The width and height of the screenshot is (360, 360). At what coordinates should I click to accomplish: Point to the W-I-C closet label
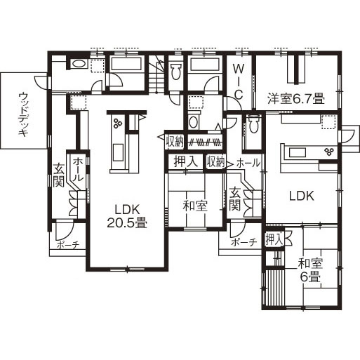pyautogui.click(x=239, y=81)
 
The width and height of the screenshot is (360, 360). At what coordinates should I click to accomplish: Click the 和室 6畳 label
pyautogui.click(x=309, y=270)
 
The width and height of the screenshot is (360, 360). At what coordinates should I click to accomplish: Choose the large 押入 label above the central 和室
pyautogui.click(x=185, y=161)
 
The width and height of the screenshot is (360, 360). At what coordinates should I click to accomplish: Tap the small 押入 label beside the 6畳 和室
pyautogui.click(x=274, y=239)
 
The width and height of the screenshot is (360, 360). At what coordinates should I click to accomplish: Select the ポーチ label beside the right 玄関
pyautogui.click(x=244, y=242)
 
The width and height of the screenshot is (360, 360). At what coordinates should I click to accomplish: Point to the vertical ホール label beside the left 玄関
pyautogui.click(x=78, y=171)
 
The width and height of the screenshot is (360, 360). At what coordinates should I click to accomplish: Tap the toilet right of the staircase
pyautogui.click(x=175, y=70)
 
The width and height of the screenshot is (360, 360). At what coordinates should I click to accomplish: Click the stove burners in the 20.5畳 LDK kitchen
pyautogui.click(x=117, y=124)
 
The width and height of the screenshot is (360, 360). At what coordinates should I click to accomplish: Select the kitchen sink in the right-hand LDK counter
pyautogui.click(x=295, y=151)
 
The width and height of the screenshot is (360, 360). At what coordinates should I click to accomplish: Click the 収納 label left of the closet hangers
pyautogui.click(x=175, y=141)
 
